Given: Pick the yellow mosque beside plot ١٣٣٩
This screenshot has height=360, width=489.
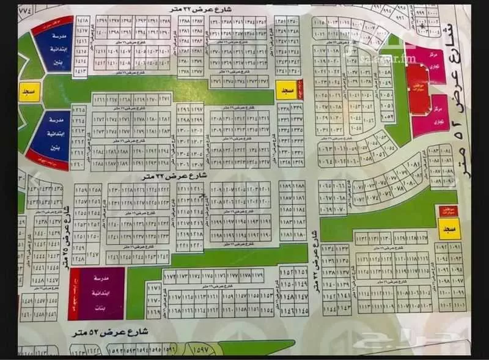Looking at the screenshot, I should [x=285, y=90].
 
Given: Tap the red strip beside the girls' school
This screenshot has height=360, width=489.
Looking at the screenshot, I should [x=74, y=294].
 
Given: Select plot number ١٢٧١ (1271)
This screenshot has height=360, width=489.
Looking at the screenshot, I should [x=164, y=100].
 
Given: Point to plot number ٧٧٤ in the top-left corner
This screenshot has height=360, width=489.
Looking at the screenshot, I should [x=26, y=10].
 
